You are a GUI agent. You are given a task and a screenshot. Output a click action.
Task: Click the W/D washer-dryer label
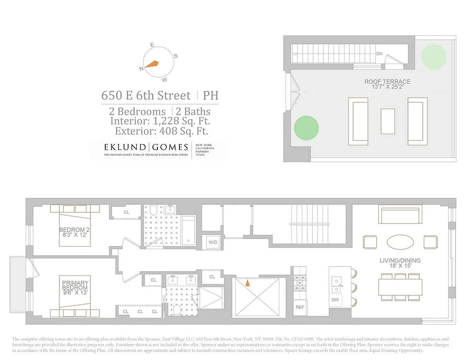coord(212,242)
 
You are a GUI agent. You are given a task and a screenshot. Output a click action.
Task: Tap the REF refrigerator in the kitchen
coord(300,307)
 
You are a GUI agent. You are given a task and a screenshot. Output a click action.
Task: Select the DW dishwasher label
coord(335,300)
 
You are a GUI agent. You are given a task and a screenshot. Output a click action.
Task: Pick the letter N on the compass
coord(142,68)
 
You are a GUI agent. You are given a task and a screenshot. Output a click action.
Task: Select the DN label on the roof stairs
coord(379,54)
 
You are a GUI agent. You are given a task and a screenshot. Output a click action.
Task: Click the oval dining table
coord(400,242)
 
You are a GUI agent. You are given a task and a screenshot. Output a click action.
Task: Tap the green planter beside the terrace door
coord(306,128)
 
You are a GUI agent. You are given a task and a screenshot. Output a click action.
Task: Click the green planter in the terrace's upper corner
coord(434,56)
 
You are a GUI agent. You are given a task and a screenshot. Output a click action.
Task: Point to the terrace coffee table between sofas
coord(388,121)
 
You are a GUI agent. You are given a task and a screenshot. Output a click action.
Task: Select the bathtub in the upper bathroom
coord(189,230)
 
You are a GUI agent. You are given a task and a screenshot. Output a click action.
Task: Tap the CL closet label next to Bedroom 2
coord(126,212)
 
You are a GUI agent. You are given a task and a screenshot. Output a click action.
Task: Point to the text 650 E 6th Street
coord(147,95)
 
